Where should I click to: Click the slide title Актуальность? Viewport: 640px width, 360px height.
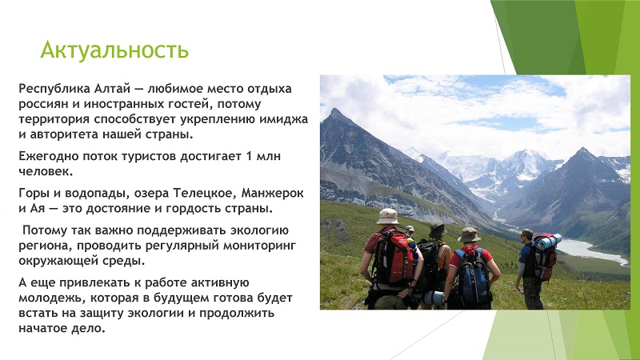coord(114,50)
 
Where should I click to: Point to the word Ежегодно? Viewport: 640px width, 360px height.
coord(49,156)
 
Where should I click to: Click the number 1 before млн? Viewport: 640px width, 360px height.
coord(249,156)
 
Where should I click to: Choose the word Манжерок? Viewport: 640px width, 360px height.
coord(272,193)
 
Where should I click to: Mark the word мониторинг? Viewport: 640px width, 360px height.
coord(259,246)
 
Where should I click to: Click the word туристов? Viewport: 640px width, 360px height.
coord(149,156)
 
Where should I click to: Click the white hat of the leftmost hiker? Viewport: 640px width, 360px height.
coord(387,217)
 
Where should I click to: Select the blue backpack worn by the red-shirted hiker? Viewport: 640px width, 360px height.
coord(473,274)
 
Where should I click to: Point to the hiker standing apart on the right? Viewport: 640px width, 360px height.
coord(530,269)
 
